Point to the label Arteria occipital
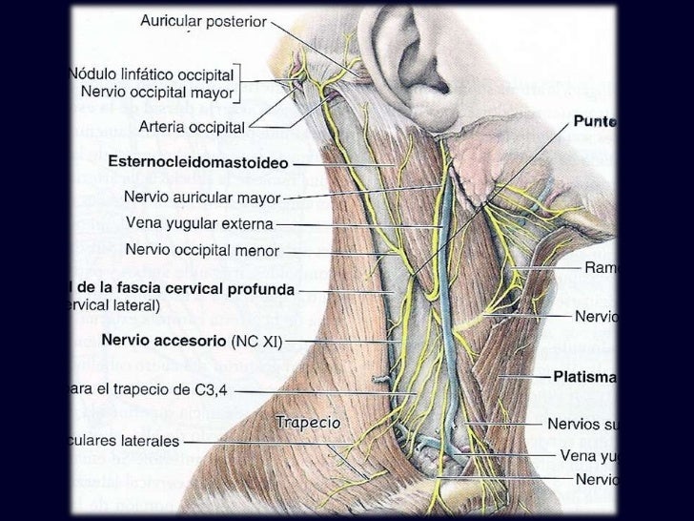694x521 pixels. (192, 126)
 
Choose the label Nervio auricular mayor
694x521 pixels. (202, 198)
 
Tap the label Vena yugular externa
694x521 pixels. (199, 225)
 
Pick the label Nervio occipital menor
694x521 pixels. (202, 252)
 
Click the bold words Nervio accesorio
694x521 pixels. (164, 340)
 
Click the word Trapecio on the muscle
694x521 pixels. (308, 422)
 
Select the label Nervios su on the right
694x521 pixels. (582, 423)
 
